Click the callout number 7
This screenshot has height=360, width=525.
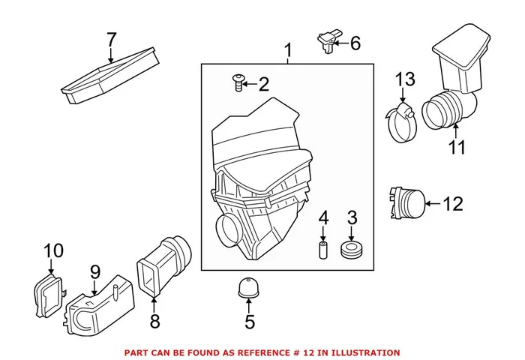(112, 38)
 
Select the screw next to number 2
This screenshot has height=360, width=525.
(238, 84)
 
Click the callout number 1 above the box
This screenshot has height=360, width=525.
(288, 52)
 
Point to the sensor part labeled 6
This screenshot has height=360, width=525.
(328, 40)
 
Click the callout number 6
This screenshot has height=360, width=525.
(355, 43)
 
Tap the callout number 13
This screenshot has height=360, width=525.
(405, 79)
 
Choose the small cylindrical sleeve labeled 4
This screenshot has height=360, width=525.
(323, 248)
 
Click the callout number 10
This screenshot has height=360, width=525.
(54, 250)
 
